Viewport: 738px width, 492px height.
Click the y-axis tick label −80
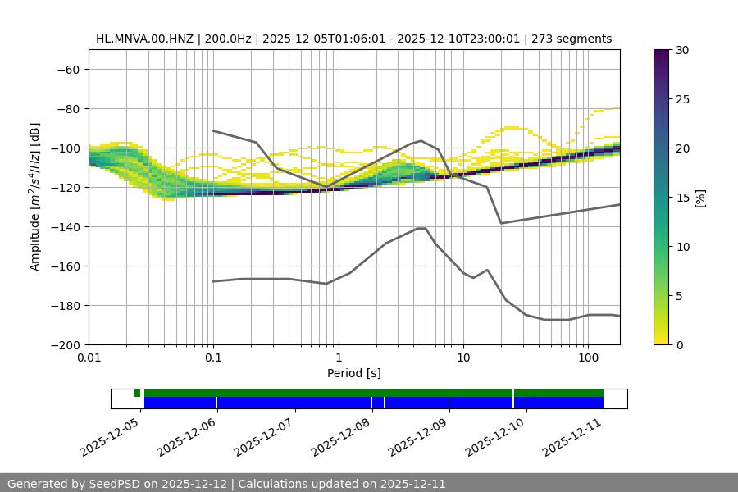coord(66,109)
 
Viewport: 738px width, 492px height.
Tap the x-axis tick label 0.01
coord(89,358)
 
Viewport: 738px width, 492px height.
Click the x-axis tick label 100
coord(587,358)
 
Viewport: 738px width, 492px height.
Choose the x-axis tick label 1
coord(338,358)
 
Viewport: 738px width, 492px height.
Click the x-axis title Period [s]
coord(353,373)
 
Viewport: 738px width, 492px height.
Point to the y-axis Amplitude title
coord(35,197)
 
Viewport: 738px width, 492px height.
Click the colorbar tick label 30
coord(682,50)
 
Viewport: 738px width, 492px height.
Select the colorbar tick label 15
coord(682,198)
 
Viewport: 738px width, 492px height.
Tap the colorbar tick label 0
coord(679,345)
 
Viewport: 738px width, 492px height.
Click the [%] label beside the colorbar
coord(700,198)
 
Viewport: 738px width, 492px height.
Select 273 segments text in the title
coord(572,39)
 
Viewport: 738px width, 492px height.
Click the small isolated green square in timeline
coord(138,393)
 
